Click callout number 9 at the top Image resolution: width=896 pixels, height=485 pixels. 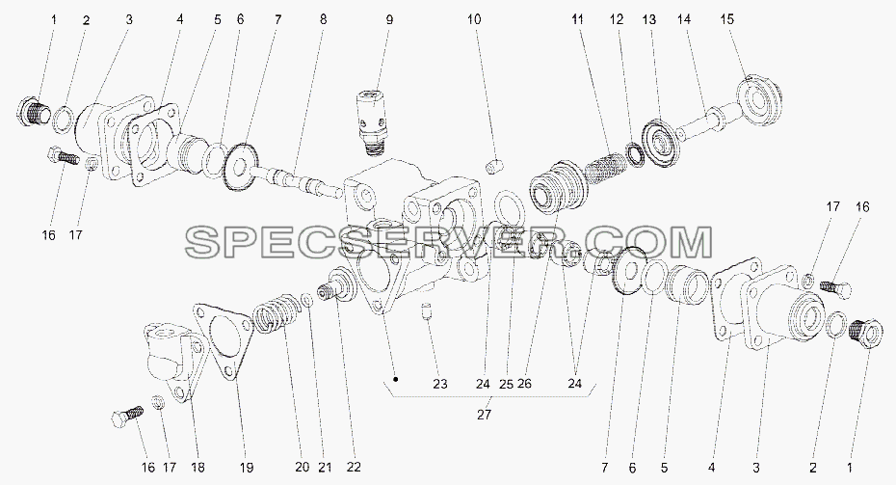click(389, 19)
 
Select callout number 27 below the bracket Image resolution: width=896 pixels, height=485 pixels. click(484, 416)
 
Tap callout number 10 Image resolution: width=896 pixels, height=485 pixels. click(474, 19)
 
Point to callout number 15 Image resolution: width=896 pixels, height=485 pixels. click(726, 19)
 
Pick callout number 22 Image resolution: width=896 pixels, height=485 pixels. click(354, 468)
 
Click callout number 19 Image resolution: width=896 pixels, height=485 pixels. click(247, 468)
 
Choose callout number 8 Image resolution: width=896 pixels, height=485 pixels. click(324, 19)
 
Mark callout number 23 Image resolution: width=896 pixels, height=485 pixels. click(440, 385)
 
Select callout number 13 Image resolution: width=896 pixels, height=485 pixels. click(649, 19)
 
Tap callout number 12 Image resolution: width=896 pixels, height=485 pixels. click(617, 19)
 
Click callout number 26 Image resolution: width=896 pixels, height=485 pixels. click(524, 385)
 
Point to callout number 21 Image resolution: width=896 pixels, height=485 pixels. click(325, 468)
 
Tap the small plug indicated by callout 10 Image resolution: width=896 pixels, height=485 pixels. click(493, 167)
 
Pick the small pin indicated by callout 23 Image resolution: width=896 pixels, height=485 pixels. click(426, 312)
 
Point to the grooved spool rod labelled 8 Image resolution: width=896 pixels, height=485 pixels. click(294, 179)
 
